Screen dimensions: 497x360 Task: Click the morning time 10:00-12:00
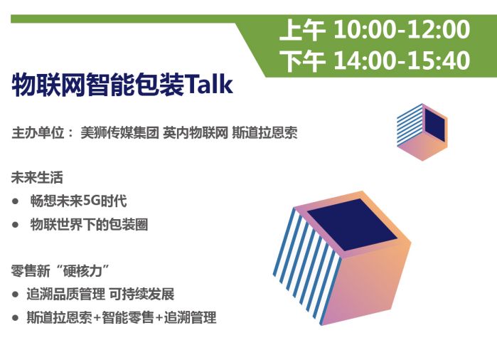tap(402, 29)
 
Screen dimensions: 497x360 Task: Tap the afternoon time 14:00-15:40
tap(402, 60)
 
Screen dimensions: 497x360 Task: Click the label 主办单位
tap(38, 133)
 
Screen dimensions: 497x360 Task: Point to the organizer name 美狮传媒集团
tap(119, 133)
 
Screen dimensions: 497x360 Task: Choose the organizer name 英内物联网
tap(196, 133)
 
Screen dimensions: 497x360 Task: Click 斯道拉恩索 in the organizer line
tap(264, 133)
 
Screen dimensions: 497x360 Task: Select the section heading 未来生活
tap(37, 177)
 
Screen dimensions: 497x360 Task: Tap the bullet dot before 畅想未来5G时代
tap(15, 201)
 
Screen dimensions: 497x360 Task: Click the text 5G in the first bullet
tap(91, 201)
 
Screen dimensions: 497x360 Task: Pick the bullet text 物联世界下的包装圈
tap(89, 225)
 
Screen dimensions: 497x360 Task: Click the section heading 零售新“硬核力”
tap(60, 271)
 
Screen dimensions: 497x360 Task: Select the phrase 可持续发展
tap(141, 294)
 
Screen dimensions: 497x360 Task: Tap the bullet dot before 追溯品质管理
tap(15, 295)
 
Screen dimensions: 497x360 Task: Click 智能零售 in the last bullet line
tap(128, 317)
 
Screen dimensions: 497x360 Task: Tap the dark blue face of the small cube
tap(435, 125)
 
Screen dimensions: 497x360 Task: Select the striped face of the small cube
tap(410, 126)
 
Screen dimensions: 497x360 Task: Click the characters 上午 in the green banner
tap(302, 30)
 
